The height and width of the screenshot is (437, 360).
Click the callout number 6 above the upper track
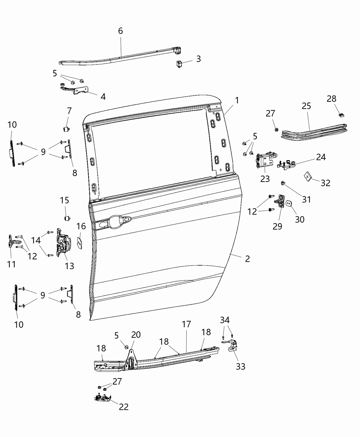(x=120, y=31)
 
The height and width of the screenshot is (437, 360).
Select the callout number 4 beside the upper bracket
(x=103, y=97)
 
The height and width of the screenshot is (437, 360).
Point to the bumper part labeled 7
(x=66, y=129)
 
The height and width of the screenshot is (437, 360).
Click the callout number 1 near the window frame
(x=237, y=100)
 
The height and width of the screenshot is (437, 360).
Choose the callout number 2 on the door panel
(x=247, y=259)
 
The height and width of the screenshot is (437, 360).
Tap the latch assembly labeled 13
(x=63, y=244)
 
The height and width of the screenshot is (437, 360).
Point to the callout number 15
(x=64, y=200)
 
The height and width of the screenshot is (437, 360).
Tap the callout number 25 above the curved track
(x=307, y=106)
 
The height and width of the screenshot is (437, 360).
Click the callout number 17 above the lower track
(x=186, y=324)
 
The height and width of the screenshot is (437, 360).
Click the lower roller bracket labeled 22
(x=103, y=398)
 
